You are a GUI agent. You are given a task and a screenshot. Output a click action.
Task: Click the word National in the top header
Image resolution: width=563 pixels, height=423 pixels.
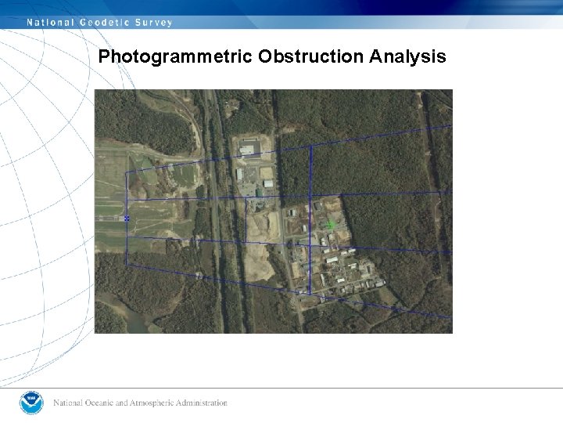pyautogui.click(x=50, y=23)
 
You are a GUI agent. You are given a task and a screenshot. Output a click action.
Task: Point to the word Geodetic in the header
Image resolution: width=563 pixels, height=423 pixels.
pyautogui.click(x=106, y=23)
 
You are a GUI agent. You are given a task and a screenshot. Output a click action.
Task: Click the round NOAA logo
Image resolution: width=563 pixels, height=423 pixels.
pyautogui.click(x=32, y=403)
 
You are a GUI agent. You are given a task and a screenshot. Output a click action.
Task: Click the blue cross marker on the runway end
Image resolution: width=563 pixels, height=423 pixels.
pyautogui.click(x=127, y=219)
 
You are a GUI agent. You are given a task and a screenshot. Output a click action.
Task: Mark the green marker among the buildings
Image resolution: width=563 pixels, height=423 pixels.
pyautogui.click(x=329, y=226)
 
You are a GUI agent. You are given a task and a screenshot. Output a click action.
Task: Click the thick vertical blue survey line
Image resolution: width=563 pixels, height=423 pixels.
pyautogui.click(x=310, y=219)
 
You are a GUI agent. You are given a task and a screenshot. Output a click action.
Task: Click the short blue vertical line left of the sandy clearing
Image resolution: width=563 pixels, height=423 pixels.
pyautogui.click(x=246, y=220)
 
